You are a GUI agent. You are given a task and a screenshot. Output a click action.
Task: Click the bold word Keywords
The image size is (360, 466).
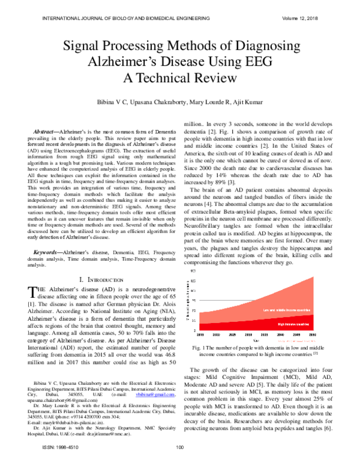click(46, 253)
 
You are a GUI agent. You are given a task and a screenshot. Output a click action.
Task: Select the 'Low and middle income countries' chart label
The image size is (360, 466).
click(285, 310)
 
